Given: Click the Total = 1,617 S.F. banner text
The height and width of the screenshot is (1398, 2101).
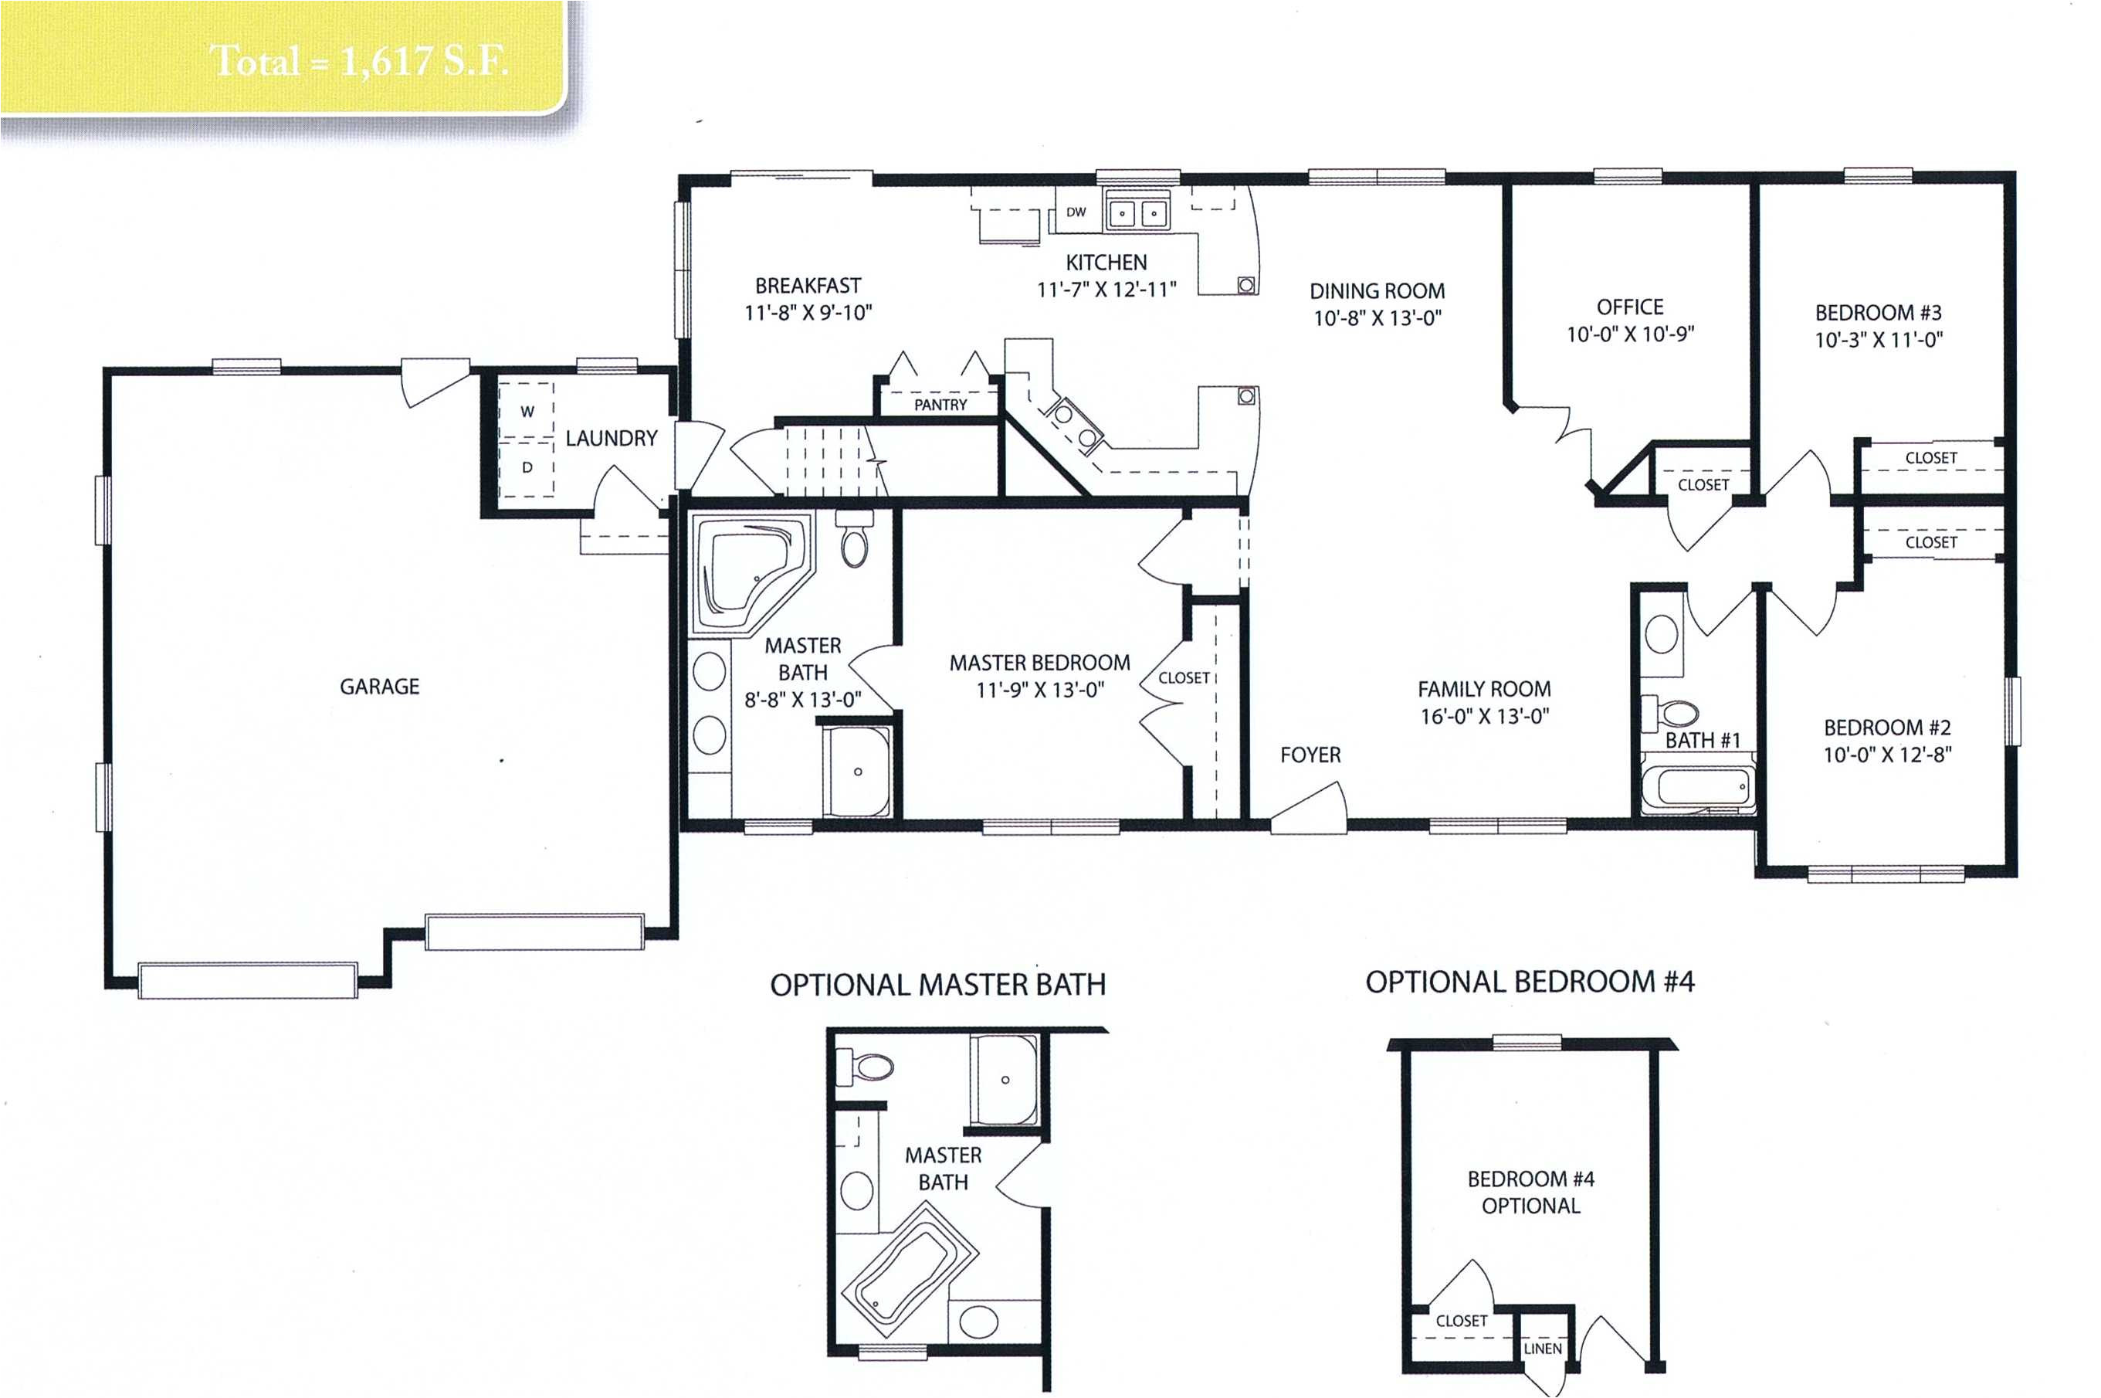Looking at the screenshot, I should [x=358, y=60].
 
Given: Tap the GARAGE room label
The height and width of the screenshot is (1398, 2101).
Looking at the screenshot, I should [x=379, y=687].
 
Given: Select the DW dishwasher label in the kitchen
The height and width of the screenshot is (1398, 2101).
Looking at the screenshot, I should [x=1076, y=212].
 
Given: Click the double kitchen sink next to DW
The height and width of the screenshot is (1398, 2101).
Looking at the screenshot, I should [x=1137, y=213].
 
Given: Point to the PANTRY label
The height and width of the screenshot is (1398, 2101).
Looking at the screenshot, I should [x=940, y=405].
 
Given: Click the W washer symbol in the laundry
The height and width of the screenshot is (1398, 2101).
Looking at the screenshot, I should [x=527, y=411].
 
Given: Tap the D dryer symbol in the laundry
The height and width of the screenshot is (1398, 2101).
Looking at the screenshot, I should [x=527, y=467].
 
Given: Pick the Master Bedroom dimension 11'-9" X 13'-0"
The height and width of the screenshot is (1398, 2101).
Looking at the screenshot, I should [x=1039, y=689].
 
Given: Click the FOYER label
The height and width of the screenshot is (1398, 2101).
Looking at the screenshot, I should [x=1310, y=755].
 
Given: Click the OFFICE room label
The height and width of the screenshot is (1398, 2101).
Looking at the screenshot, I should [x=1629, y=307].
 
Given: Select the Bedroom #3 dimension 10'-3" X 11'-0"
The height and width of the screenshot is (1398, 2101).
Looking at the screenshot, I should [x=1878, y=340].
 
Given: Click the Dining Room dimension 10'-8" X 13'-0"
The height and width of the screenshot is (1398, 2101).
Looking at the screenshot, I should [x=1378, y=318].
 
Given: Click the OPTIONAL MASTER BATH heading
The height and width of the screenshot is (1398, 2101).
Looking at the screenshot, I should [x=937, y=986].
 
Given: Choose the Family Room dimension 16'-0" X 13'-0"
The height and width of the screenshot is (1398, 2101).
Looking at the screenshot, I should [x=1484, y=716].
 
